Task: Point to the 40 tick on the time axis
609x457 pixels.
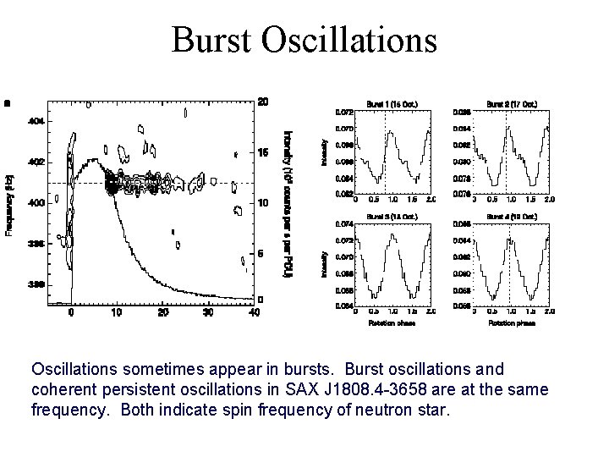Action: [255, 311]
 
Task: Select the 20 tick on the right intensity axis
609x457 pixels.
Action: [263, 102]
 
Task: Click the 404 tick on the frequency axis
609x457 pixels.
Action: [38, 121]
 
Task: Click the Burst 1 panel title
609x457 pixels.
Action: [392, 104]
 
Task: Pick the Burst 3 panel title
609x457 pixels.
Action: [392, 217]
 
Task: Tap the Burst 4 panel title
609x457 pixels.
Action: [511, 217]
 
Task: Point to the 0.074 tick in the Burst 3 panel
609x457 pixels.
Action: [344, 225]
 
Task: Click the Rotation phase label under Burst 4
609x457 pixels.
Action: [511, 322]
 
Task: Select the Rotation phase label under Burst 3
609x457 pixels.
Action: [392, 322]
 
